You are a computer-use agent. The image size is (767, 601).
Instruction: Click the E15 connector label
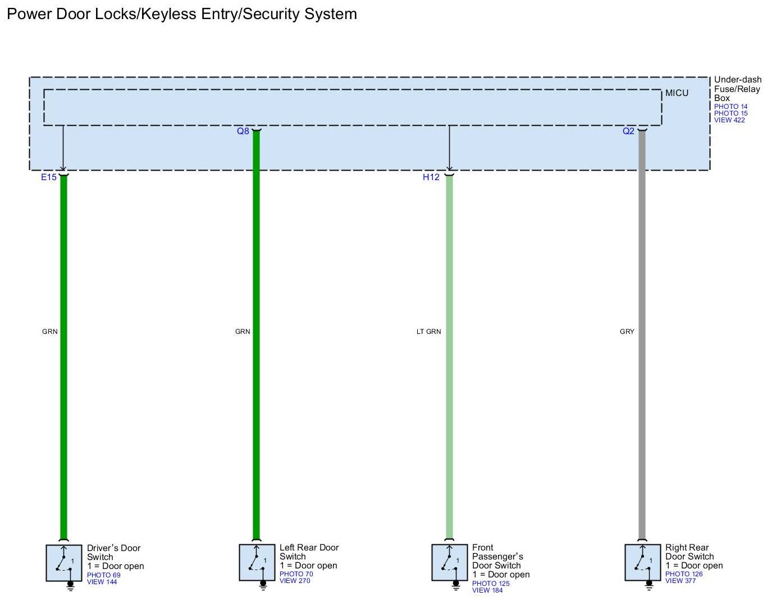pyautogui.click(x=48, y=177)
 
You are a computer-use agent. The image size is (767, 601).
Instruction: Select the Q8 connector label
pyautogui.click(x=243, y=131)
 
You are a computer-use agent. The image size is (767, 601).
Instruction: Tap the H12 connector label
pyautogui.click(x=431, y=177)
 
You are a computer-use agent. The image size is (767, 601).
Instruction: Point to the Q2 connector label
pyautogui.click(x=628, y=131)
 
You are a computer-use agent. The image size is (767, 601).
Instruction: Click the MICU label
pyautogui.click(x=677, y=93)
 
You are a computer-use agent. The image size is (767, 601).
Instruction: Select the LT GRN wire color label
pyautogui.click(x=428, y=332)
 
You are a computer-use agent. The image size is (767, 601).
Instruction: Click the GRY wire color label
pyautogui.click(x=627, y=332)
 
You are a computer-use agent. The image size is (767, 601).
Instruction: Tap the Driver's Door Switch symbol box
pyautogui.click(x=64, y=562)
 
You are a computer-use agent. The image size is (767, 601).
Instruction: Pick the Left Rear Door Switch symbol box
pyautogui.click(x=257, y=562)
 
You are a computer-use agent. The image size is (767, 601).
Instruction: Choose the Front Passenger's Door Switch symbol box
pyautogui.click(x=450, y=562)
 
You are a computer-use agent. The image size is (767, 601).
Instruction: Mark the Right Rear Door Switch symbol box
pyautogui.click(x=643, y=562)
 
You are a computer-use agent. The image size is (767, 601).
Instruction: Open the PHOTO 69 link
pyautogui.click(x=103, y=575)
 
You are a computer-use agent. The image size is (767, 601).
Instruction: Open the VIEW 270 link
pyautogui.click(x=295, y=581)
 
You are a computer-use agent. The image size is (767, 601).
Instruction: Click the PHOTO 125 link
pyautogui.click(x=491, y=584)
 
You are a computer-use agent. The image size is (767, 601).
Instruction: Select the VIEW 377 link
pyautogui.click(x=681, y=581)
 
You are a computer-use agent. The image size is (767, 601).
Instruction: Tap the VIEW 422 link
pyautogui.click(x=729, y=120)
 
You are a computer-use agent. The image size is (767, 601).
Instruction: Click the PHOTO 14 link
pyautogui.click(x=731, y=107)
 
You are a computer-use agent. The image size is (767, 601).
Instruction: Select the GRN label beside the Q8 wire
pyautogui.click(x=243, y=332)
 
